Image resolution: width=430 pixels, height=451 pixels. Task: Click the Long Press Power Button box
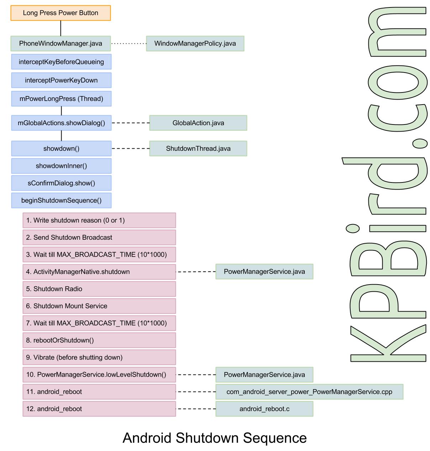61,13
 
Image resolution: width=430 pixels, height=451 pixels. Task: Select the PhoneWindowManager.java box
61,43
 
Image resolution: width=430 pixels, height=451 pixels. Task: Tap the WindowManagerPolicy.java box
195,43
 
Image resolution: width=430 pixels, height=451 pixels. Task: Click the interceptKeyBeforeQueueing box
61,62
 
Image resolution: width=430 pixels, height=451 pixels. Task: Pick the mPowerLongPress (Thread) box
61,99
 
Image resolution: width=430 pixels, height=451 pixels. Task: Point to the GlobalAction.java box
198,123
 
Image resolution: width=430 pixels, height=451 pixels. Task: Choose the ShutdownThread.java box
198,148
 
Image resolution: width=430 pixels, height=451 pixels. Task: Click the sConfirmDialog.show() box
61,183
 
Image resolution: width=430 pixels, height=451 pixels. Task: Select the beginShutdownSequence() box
61,200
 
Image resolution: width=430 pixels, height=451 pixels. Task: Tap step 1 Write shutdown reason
99,220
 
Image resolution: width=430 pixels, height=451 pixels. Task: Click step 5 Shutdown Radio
99,289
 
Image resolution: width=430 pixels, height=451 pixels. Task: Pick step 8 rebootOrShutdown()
99,340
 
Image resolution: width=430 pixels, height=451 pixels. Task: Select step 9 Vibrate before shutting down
99,357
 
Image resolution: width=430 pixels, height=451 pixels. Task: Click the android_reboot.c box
264,409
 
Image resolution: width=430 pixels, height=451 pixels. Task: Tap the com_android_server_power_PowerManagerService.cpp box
309,392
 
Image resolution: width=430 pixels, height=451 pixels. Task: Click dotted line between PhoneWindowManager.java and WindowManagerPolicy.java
129,43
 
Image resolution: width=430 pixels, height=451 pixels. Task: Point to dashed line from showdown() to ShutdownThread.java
130,148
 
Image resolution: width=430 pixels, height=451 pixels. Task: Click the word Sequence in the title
275,438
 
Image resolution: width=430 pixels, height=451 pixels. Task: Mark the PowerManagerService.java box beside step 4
264,272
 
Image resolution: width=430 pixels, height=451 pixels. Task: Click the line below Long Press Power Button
61,28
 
